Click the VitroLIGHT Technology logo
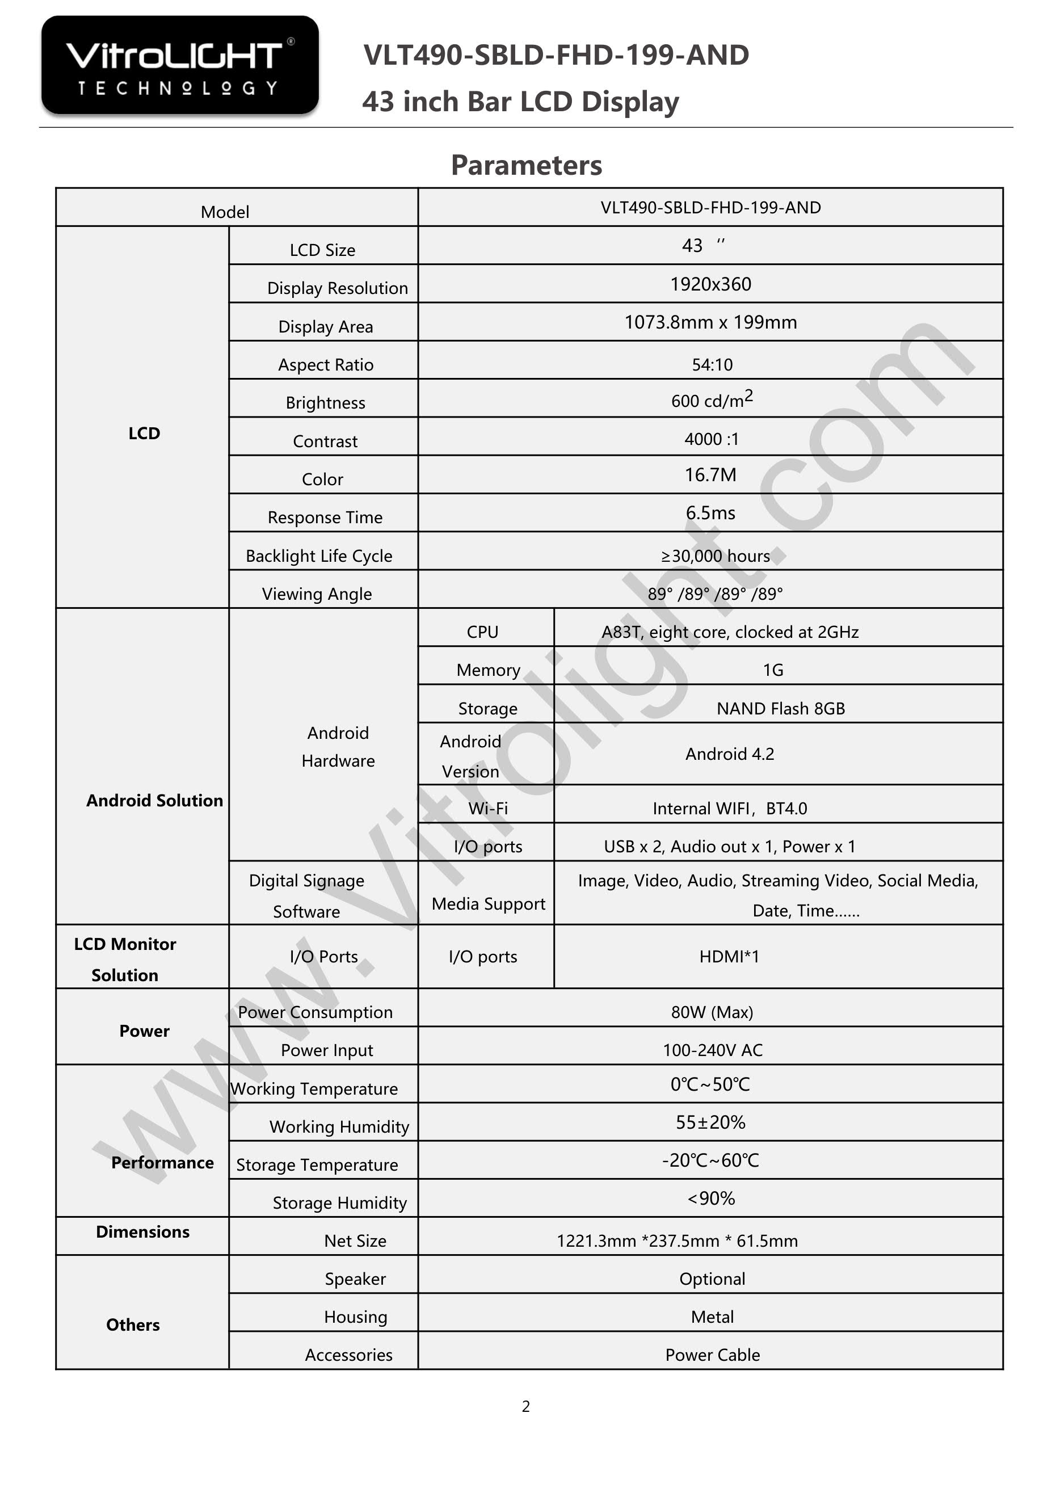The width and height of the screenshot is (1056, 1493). pos(179,66)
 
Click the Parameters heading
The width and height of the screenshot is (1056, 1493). pos(526,165)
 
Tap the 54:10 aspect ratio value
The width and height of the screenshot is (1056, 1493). pos(712,365)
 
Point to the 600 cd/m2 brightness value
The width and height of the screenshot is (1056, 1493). pos(712,400)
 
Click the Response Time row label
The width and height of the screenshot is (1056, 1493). pos(325,518)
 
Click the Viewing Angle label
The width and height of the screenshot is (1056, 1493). pos(317,594)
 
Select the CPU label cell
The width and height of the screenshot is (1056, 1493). pos(482,632)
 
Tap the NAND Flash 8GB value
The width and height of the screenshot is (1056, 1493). pos(780,708)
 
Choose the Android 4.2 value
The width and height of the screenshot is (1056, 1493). pos(730,754)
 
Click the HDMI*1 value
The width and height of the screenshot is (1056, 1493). pos(729,957)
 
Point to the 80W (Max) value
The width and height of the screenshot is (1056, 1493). pos(712,1012)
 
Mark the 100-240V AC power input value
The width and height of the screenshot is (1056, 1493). pos(712,1050)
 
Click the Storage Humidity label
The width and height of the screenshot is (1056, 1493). pos(339,1203)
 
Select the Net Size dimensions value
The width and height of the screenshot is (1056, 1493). pos(677,1240)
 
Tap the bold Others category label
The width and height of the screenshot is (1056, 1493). pos(133,1324)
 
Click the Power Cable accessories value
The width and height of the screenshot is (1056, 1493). pos(712,1355)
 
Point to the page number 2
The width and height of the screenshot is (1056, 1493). pos(526,1407)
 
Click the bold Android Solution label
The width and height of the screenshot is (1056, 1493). pos(154,801)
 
